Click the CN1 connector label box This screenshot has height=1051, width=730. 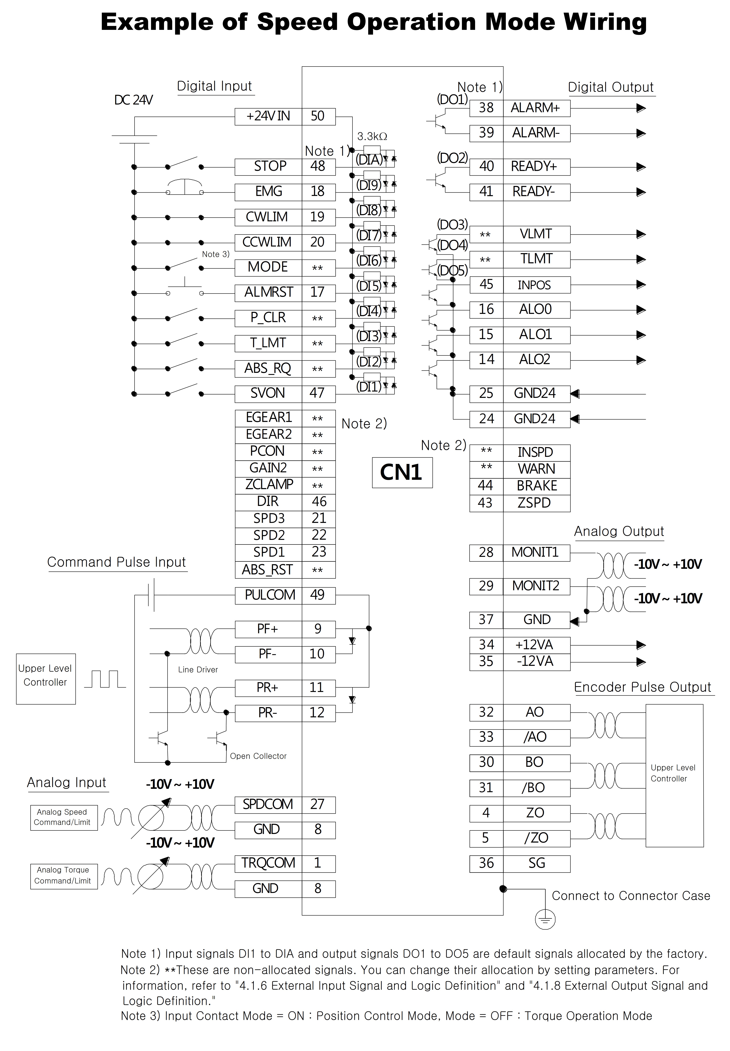(x=402, y=473)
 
